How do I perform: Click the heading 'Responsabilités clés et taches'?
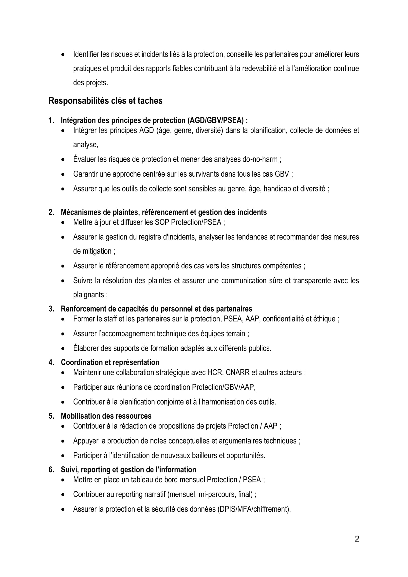click(106, 101)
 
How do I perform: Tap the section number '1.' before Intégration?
click(51, 121)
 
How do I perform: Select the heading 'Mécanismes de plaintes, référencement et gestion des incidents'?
click(164, 212)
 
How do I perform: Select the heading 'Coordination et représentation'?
click(110, 362)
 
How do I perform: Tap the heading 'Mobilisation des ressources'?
click(106, 416)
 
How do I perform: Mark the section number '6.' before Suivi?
click(51, 470)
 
